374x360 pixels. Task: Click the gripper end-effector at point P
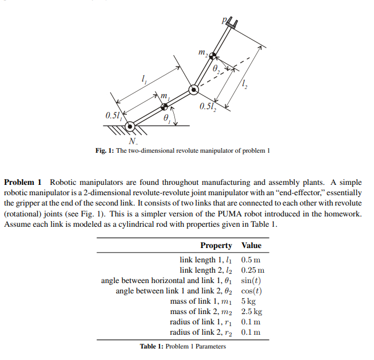click(x=232, y=23)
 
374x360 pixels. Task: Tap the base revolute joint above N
click(x=131, y=126)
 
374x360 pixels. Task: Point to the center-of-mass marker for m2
click(x=212, y=56)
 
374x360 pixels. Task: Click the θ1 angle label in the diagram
click(x=166, y=118)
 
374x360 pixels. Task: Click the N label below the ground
click(x=133, y=141)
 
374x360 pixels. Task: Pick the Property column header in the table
click(x=216, y=245)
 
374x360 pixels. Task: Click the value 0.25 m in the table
click(x=253, y=270)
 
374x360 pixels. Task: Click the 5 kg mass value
click(x=248, y=301)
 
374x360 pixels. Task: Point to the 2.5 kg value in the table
click(x=251, y=311)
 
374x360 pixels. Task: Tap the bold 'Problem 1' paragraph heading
click(x=22, y=182)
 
